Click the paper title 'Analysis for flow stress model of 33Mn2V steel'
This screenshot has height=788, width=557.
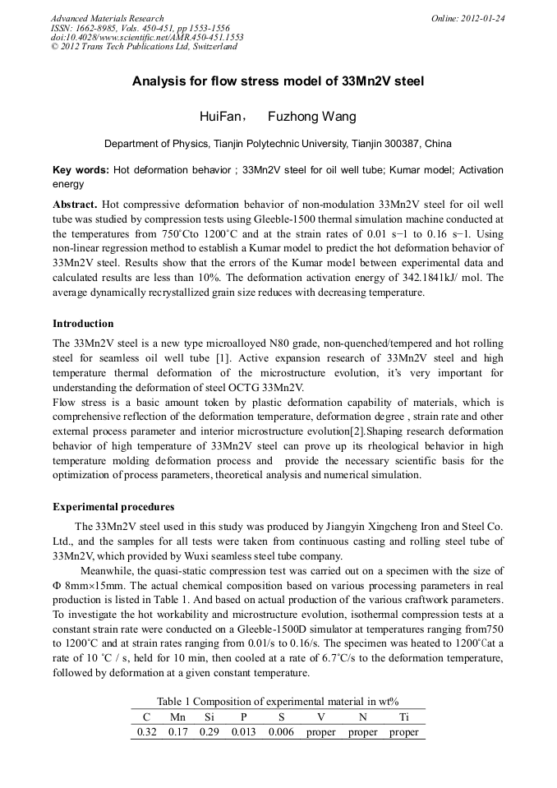(278, 81)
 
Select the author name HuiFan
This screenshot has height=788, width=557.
(217, 117)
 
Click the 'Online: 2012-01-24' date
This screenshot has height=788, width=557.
(468, 18)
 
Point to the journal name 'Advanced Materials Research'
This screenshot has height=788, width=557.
(107, 18)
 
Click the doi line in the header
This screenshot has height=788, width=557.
(147, 37)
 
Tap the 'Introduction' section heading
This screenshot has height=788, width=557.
(83, 324)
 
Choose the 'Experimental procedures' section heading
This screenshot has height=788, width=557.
(113, 506)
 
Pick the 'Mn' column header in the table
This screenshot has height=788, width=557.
(177, 717)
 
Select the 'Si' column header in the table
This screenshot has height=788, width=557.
(209, 717)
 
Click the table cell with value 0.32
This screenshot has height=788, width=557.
(146, 732)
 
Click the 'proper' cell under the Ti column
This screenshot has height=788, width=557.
(403, 732)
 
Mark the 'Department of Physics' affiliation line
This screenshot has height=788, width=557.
(278, 144)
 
